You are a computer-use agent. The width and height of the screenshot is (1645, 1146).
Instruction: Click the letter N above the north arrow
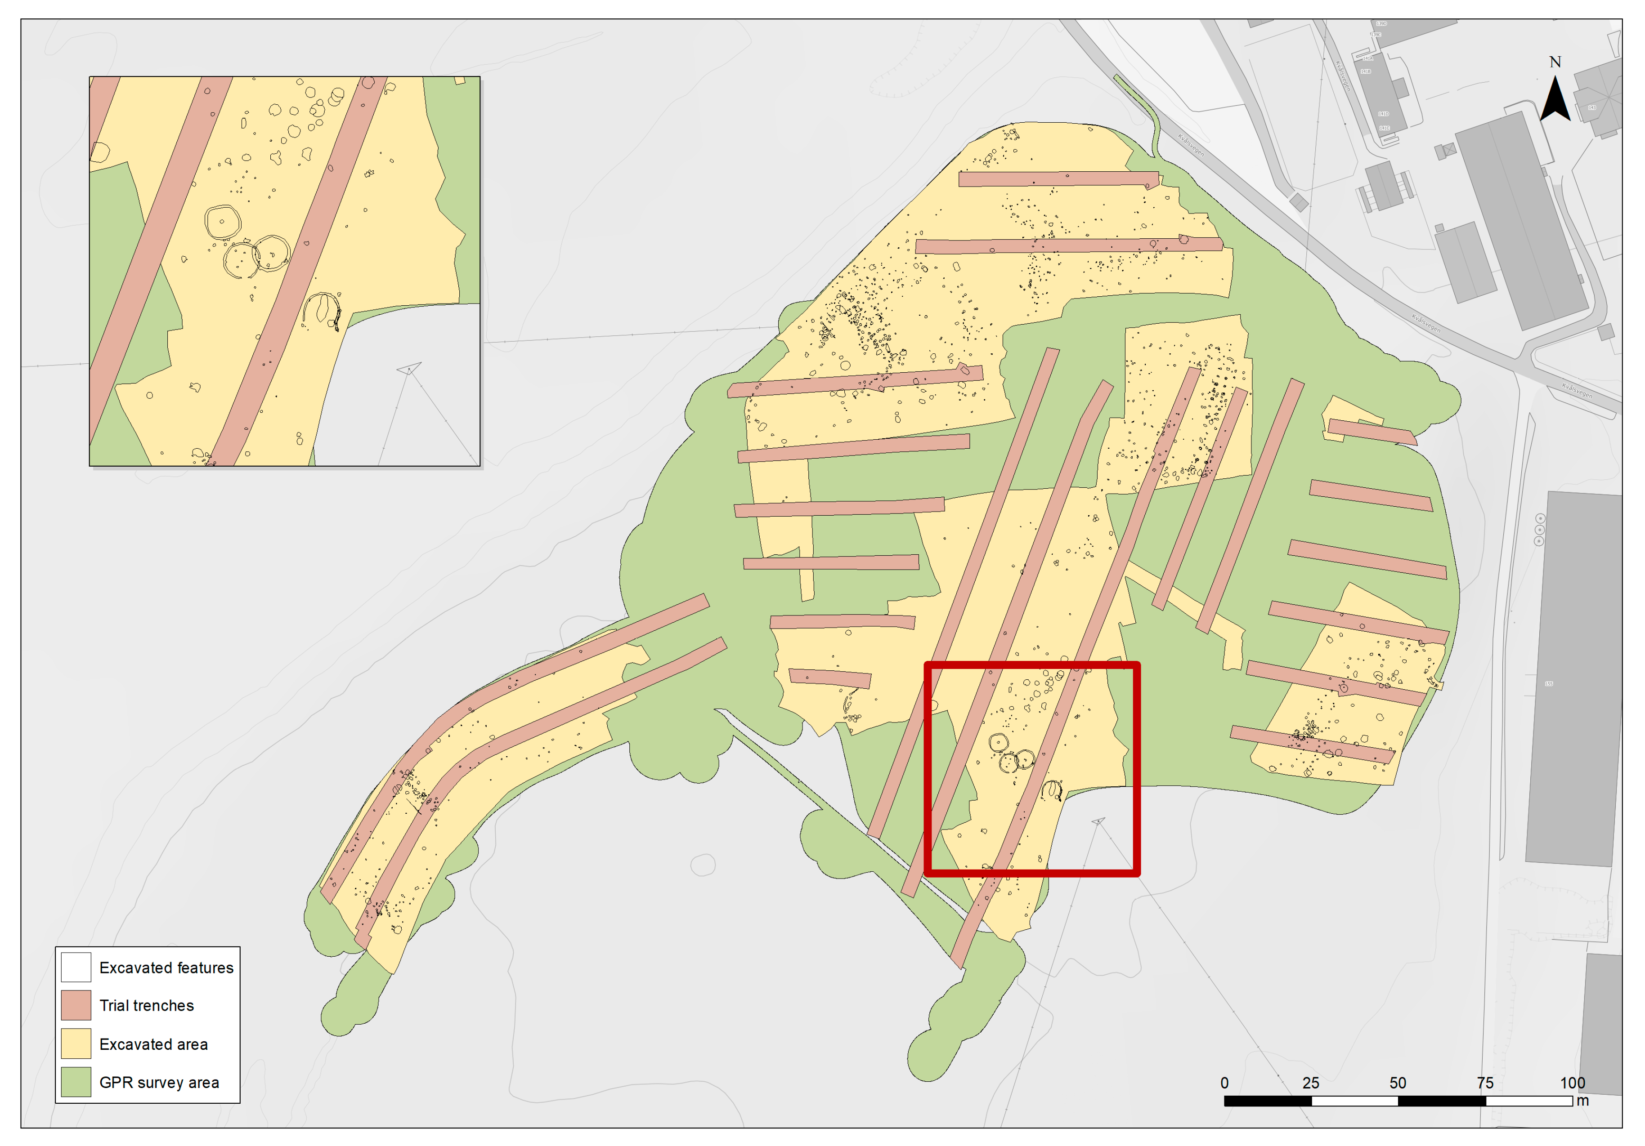tap(1555, 62)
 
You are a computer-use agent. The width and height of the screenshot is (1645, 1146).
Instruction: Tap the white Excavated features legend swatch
tap(76, 967)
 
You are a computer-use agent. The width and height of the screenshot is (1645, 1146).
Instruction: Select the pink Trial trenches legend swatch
tap(76, 1005)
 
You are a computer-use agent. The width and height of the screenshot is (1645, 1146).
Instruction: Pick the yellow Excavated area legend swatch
tap(76, 1043)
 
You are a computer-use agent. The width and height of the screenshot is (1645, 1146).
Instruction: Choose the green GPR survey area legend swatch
tap(76, 1082)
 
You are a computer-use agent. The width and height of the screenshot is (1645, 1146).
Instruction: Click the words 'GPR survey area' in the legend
tap(159, 1082)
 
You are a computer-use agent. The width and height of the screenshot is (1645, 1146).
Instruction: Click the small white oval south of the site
tap(703, 865)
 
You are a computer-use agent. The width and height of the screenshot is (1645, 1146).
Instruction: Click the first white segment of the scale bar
tap(1354, 1101)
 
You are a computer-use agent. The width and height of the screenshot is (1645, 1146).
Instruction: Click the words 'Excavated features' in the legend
tap(166, 968)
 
